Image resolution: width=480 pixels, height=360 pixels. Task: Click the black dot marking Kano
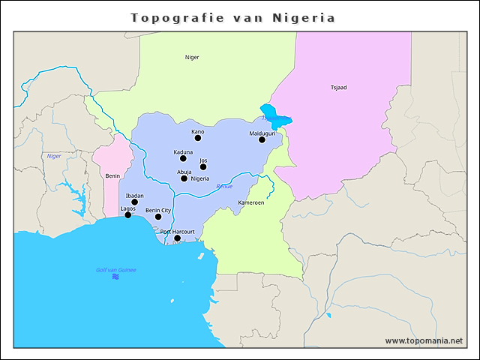(x=198, y=138)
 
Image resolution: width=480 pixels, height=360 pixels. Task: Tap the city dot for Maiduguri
(x=262, y=139)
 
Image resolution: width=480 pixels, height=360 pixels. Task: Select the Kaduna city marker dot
(x=183, y=158)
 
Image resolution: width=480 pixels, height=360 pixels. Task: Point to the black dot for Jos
(x=203, y=166)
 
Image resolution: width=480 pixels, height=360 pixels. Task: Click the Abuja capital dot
(x=184, y=178)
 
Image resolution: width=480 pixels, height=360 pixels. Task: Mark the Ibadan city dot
(x=135, y=202)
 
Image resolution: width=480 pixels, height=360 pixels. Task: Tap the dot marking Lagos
(x=128, y=215)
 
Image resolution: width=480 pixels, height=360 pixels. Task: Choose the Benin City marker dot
(x=158, y=217)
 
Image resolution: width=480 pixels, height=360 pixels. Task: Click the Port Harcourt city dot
(x=178, y=238)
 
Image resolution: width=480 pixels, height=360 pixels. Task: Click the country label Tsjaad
(x=338, y=88)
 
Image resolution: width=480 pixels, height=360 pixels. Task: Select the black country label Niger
(x=192, y=57)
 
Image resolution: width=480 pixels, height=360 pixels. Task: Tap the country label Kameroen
(x=250, y=202)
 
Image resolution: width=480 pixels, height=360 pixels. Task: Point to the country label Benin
(x=112, y=175)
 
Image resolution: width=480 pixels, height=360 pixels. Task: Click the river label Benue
(x=223, y=186)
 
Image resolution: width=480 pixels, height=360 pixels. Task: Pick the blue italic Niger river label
(x=54, y=156)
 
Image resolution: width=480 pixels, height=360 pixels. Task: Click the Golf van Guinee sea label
(x=115, y=269)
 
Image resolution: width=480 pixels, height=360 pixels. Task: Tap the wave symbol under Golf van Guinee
(x=115, y=277)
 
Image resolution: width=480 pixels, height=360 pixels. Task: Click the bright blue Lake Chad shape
(x=274, y=116)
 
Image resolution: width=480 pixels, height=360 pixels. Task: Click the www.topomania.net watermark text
(x=424, y=340)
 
